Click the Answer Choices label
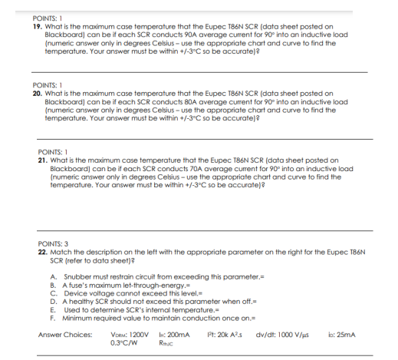[64, 335]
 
